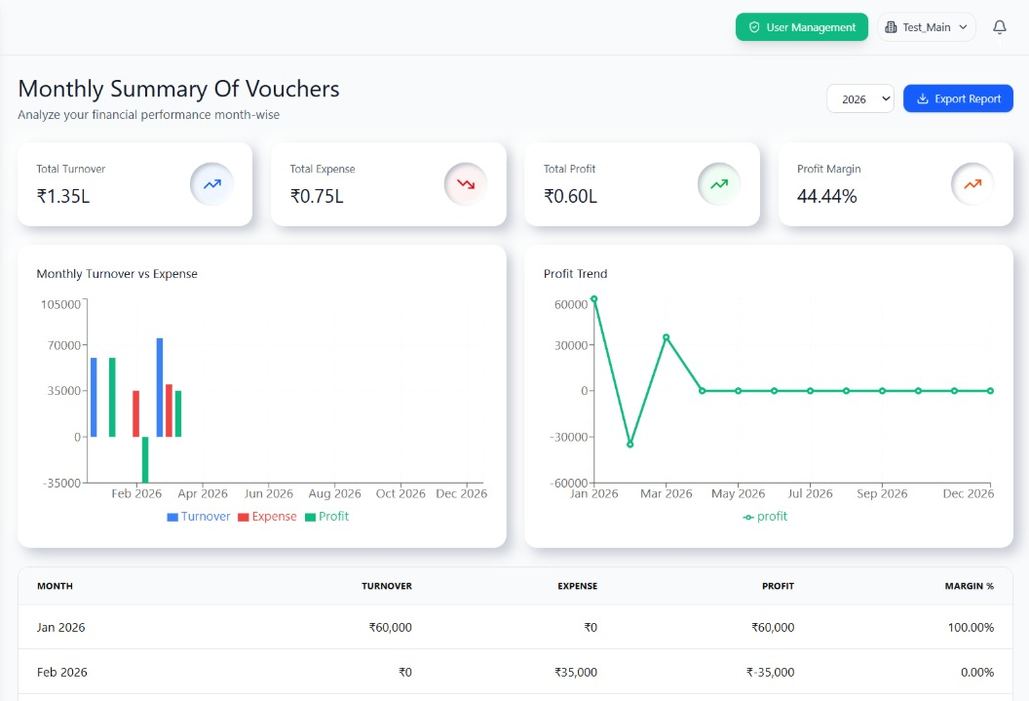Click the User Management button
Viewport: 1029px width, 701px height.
(801, 27)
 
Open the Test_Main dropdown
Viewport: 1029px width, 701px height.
(927, 27)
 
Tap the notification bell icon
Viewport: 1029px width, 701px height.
(999, 27)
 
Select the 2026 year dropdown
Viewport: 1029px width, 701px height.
(860, 98)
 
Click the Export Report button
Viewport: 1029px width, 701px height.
(958, 98)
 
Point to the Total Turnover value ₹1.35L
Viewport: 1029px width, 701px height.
(63, 196)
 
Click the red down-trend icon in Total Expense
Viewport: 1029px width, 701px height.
(466, 183)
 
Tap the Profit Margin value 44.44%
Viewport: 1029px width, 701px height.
(827, 196)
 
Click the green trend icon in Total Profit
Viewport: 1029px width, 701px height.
(719, 183)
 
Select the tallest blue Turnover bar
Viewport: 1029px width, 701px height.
(160, 387)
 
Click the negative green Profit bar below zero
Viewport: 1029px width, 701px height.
(145, 459)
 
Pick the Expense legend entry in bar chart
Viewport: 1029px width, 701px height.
(267, 517)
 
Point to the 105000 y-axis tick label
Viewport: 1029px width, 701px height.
(60, 304)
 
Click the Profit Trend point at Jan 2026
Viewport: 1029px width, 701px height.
(594, 299)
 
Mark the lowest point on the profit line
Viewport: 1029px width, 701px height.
(630, 444)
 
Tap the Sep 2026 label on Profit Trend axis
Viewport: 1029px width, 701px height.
(882, 493)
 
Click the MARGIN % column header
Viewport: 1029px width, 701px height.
(969, 586)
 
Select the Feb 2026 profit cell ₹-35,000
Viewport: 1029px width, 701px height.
(770, 672)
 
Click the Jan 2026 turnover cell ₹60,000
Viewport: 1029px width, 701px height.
(390, 627)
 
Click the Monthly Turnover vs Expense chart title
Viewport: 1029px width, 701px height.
(117, 274)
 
